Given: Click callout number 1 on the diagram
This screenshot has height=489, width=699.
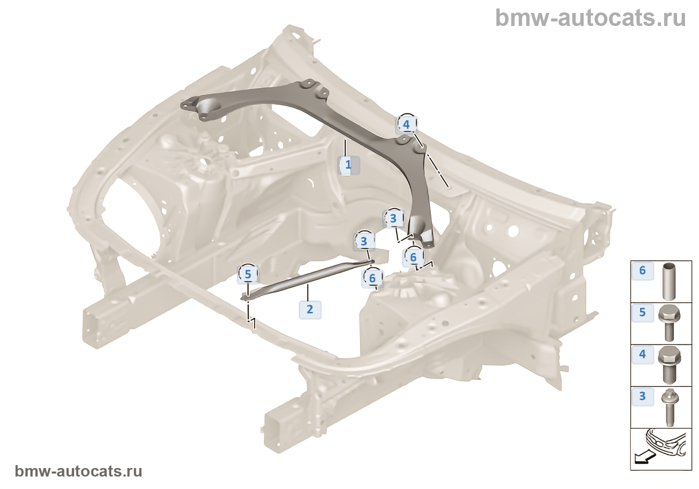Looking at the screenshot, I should point(349,165).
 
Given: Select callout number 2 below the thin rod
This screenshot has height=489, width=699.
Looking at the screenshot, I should point(310,309).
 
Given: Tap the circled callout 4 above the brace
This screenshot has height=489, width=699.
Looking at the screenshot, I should point(406,124).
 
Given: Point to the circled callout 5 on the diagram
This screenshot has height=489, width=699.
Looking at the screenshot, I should point(248,274).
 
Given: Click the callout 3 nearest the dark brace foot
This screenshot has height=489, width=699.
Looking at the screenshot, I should point(393,219).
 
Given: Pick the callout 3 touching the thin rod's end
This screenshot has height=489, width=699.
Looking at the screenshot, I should point(364,242).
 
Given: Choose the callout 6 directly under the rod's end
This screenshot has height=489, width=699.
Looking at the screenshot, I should point(372,278).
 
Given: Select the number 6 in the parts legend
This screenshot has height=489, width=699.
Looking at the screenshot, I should point(643,270).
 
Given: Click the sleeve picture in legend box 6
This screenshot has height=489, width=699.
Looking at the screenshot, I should point(669,280).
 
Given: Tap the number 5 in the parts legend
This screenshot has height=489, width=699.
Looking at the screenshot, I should point(643,312).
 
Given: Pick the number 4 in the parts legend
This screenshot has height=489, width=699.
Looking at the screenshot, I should point(643,354).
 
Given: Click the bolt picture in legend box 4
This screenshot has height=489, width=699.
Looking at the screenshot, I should point(669,365).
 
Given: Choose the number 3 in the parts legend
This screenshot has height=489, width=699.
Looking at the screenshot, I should point(643,396).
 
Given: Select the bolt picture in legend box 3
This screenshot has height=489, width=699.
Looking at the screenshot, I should point(669,407).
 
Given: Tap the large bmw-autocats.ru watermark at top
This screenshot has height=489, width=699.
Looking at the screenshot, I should point(590,18).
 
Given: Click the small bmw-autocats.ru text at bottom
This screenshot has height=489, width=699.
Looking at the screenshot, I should point(78,471).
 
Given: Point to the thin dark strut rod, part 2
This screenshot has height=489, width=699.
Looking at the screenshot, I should point(310,279).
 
